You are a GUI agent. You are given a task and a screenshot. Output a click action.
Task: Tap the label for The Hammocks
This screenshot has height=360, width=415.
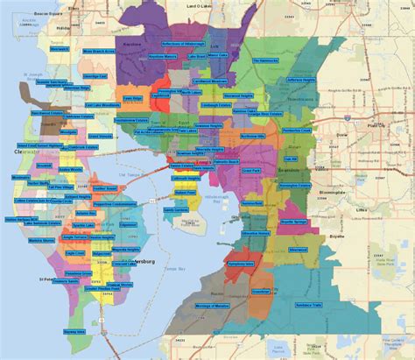(265, 61)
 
